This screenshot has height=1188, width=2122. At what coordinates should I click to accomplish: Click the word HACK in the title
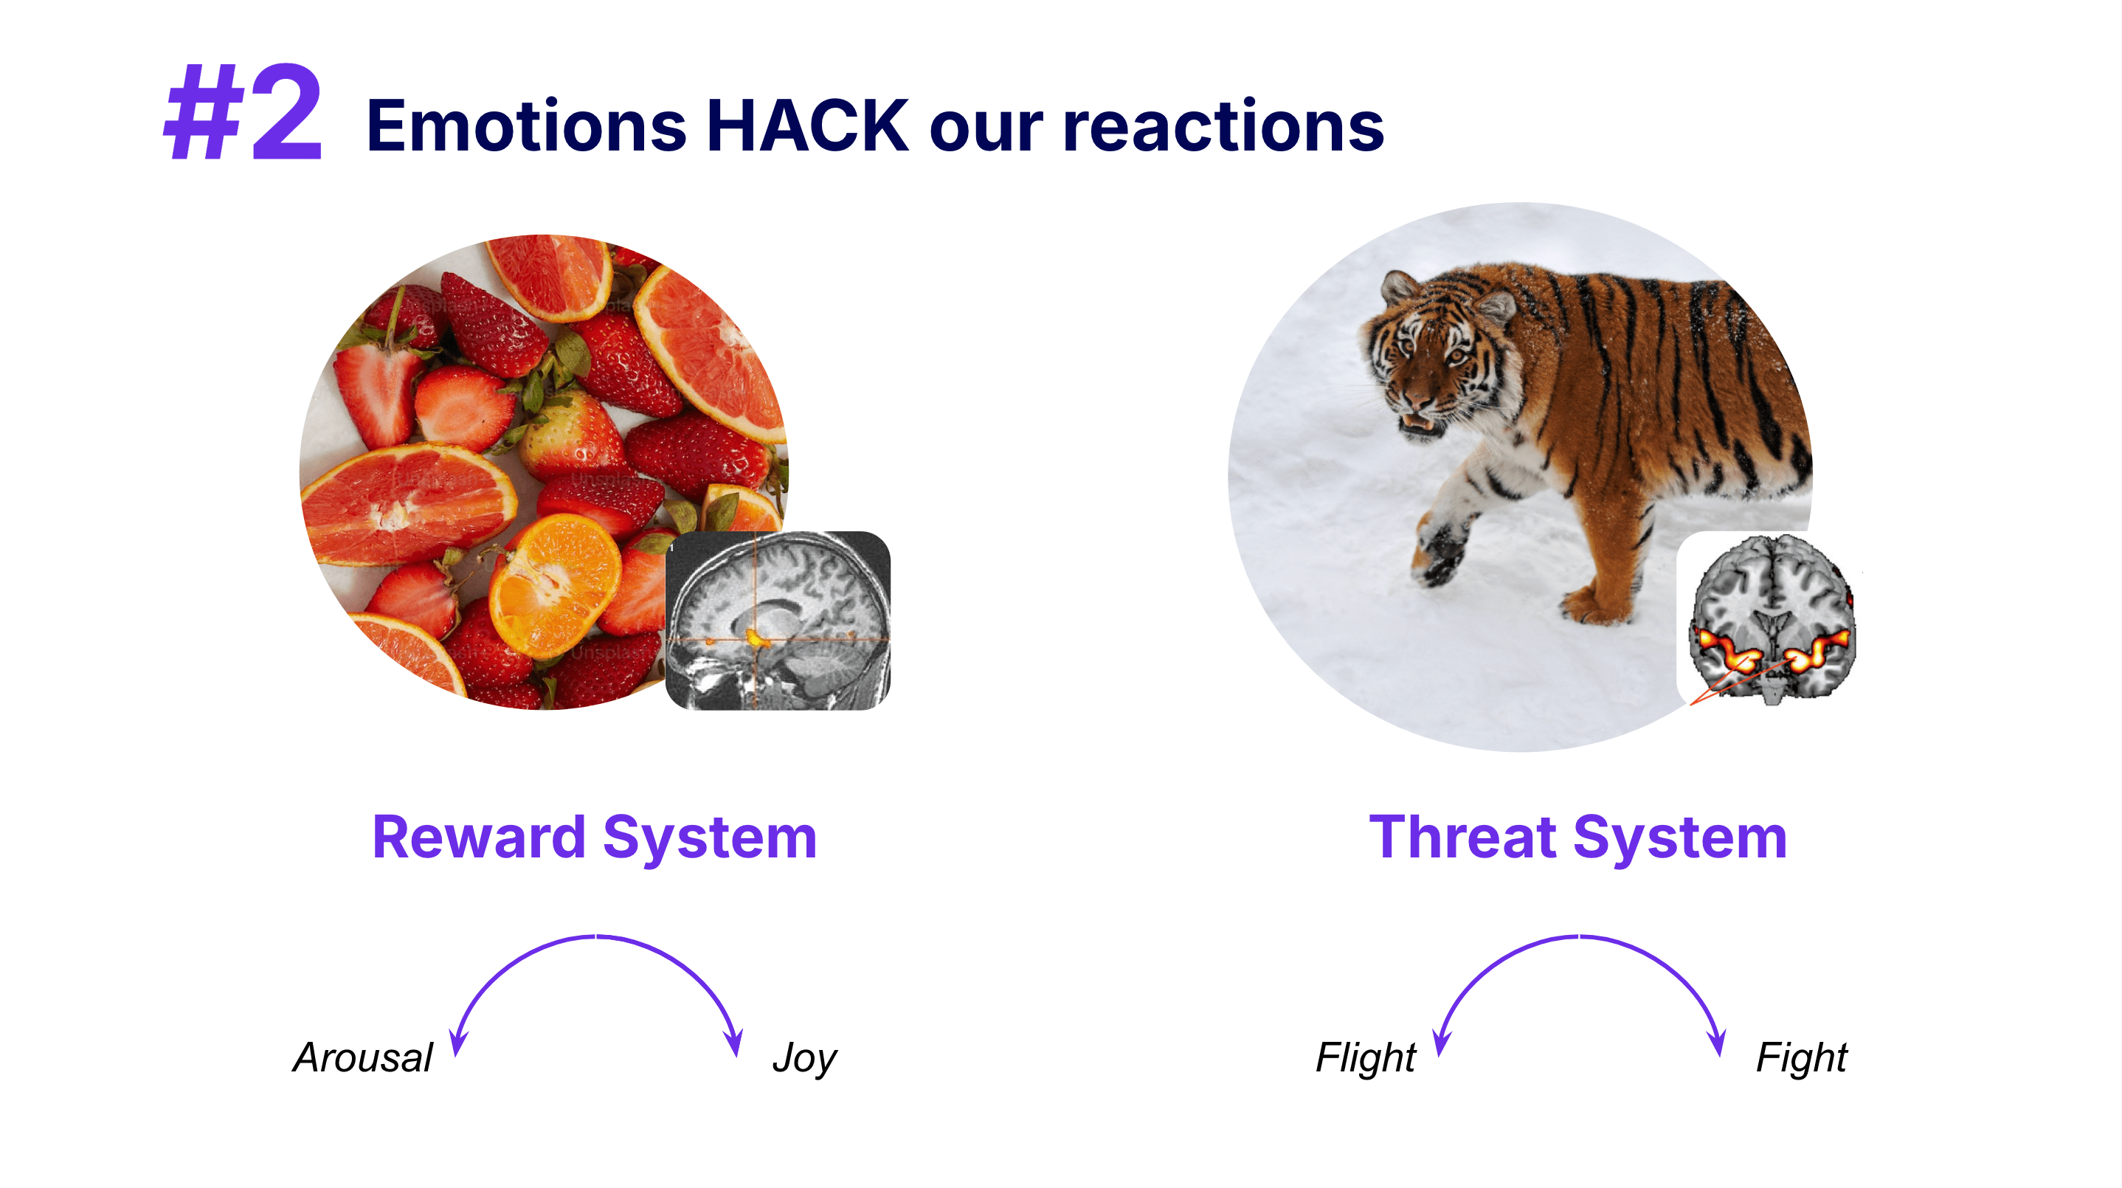[x=807, y=126]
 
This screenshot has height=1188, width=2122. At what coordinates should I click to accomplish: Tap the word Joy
[x=805, y=1059]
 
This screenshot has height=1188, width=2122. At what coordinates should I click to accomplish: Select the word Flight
[x=1366, y=1059]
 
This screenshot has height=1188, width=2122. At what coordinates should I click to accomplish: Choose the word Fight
[x=1802, y=1059]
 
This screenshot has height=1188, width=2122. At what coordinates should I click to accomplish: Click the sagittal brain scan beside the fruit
[x=778, y=621]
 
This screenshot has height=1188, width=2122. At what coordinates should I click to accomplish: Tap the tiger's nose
[x=1419, y=401]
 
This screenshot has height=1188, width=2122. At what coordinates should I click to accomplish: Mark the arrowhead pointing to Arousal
[x=457, y=1043]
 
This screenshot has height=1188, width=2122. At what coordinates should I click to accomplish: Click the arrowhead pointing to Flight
[x=1441, y=1043]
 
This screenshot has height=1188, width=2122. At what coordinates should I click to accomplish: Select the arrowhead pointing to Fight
[x=1717, y=1043]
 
